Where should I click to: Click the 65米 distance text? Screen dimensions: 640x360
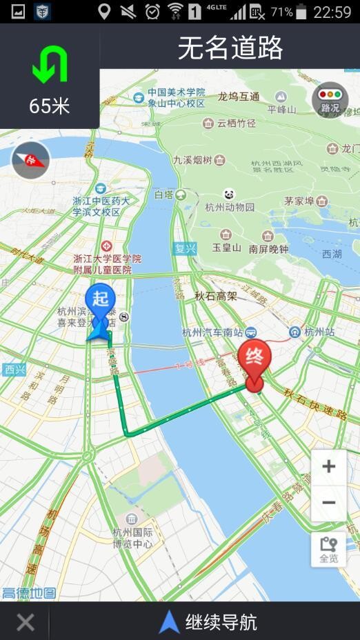tap(50, 106)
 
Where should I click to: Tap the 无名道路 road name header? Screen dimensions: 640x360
tap(230, 48)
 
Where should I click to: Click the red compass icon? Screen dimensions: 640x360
tap(30, 161)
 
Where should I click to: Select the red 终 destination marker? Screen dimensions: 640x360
tap(254, 361)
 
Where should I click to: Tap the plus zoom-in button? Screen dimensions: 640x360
tap(328, 467)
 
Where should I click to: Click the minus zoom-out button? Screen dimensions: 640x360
tap(328, 503)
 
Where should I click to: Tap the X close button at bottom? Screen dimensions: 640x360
tap(26, 622)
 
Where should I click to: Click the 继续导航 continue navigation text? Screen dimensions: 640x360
tap(221, 622)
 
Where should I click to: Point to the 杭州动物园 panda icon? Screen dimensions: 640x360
tap(230, 194)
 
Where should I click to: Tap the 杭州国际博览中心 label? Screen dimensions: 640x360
tap(132, 538)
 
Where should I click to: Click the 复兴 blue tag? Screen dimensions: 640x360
tap(185, 248)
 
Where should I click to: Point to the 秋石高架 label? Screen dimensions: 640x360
tap(215, 296)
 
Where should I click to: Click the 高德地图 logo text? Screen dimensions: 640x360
tap(28, 593)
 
